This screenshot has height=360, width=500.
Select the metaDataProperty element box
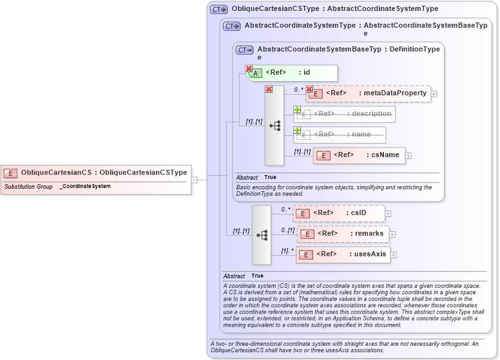pyautogui.click(x=368, y=93)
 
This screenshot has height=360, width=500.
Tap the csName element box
pyautogui.click(x=359, y=155)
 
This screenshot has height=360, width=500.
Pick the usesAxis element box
pyautogui.click(x=342, y=254)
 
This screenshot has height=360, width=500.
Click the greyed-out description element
pyautogui.click(x=344, y=114)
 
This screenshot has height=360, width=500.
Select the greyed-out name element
pyautogui.click(x=340, y=135)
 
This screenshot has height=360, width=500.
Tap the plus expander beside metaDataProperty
pyautogui.click(x=434, y=94)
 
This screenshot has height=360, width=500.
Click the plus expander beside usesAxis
pyautogui.click(x=394, y=255)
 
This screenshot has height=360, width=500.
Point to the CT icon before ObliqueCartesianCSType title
pyautogui.click(x=219, y=10)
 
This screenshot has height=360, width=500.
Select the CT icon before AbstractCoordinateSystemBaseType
pyautogui.click(x=245, y=50)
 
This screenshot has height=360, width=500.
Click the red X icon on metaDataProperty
pyautogui.click(x=309, y=90)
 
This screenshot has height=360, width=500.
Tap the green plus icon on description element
pyautogui.click(x=298, y=110)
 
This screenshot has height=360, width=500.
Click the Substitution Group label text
pyautogui.click(x=28, y=187)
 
